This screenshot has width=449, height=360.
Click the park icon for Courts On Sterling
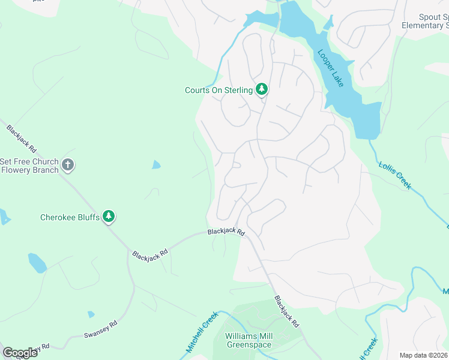tap(262, 89)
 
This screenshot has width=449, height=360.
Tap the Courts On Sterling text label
tap(218, 90)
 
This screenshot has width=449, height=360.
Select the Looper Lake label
tap(330, 68)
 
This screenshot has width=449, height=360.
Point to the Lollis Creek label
tap(395, 175)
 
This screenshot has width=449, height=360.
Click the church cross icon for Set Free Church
tap(68, 165)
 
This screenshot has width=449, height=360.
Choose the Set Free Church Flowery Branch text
tap(29, 166)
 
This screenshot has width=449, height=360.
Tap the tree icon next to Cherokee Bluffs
tap(109, 217)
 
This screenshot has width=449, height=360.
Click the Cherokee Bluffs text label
tap(70, 217)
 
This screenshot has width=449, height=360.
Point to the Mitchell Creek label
tap(200, 336)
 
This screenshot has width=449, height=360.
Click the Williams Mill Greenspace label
tap(249, 340)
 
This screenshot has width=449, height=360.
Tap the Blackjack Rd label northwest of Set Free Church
tap(22, 138)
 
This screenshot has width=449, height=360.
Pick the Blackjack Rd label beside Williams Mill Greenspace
tap(286, 311)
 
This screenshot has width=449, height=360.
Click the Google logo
tap(20, 353)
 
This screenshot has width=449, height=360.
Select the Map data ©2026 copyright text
tap(424, 355)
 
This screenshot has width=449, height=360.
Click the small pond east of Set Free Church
tap(156, 164)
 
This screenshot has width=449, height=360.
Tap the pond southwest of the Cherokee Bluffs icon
tap(37, 262)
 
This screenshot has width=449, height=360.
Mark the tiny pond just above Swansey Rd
tap(90, 314)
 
